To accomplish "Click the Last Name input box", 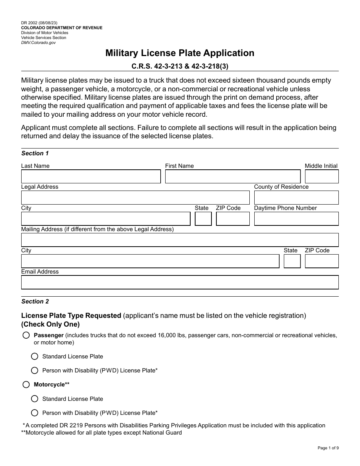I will pos(91,177).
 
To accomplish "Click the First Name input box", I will pos(233,177).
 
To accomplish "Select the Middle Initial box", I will pos(322,177).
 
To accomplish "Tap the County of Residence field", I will pos(296,198).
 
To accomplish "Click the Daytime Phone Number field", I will pos(296,219).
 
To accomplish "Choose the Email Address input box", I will pos(180,282).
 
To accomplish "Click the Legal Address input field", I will pos(135,198).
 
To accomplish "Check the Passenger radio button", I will pos(26,335).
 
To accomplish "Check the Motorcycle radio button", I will pos(26,385).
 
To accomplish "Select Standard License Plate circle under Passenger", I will pos(35,357).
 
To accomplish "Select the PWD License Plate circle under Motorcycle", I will pos(35,413).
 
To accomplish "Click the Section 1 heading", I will pos(35,153).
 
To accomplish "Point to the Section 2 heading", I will pos(35,302).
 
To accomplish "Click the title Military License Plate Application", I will pos(180,53).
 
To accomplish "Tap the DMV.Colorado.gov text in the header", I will pos(38,43).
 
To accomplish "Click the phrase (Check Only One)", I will pos(50,324).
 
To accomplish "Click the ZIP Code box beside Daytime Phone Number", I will pos(233,219).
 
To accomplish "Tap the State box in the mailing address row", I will pos(292,261).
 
